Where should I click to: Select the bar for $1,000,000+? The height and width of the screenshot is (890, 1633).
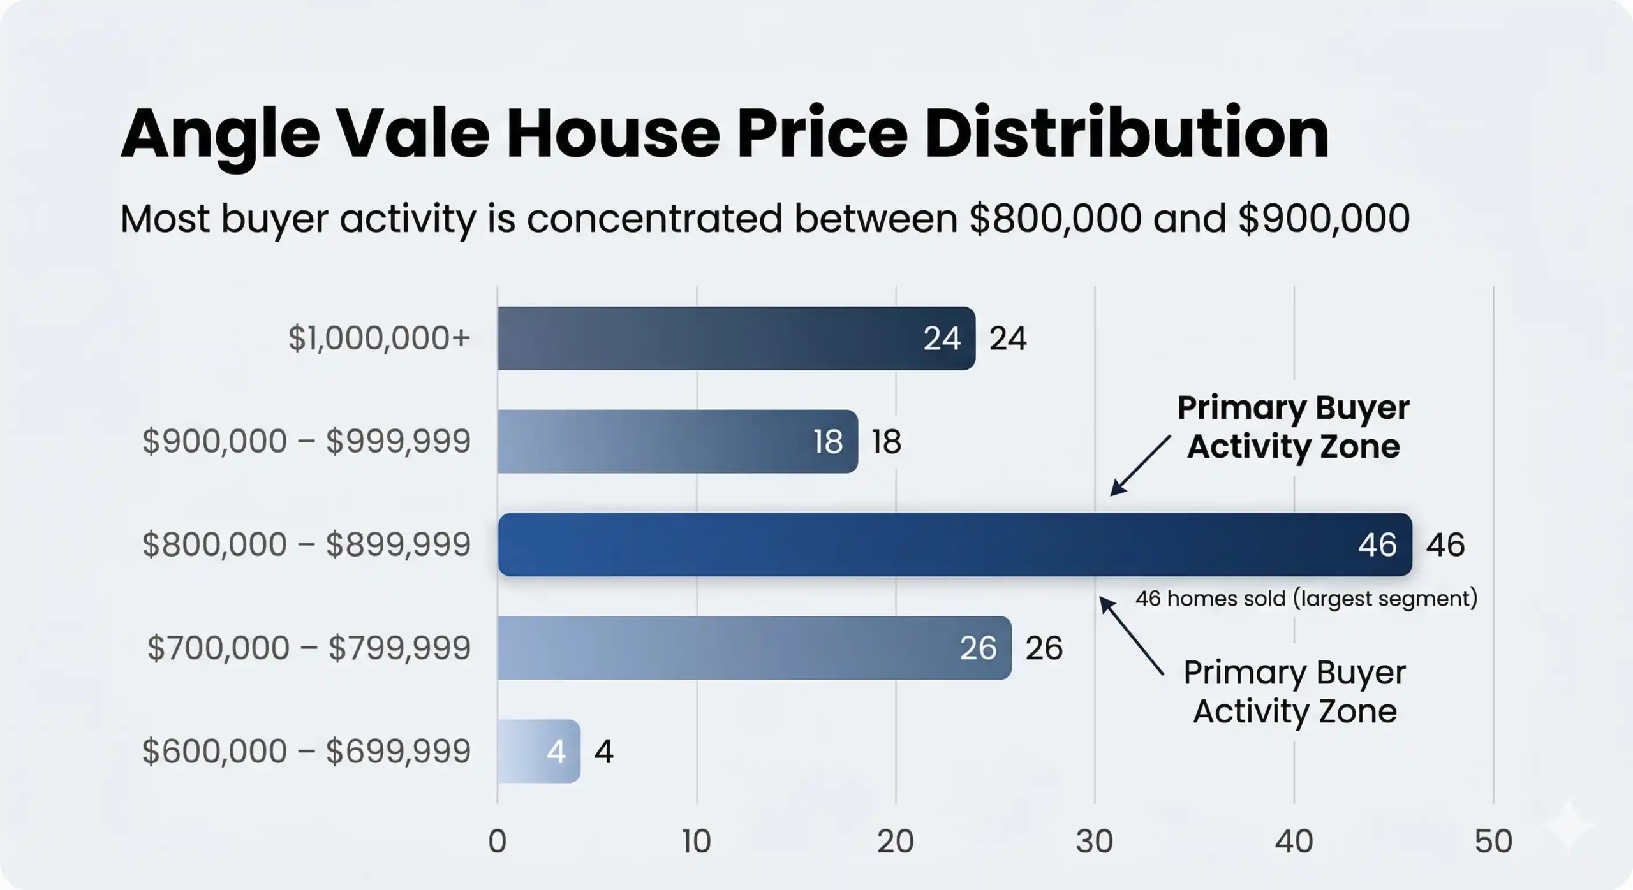coord(734,338)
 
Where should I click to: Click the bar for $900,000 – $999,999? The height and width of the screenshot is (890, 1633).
coord(676,441)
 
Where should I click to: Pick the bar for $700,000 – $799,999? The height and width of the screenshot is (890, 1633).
coord(753,648)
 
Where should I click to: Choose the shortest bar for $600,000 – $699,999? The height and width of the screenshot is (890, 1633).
coord(538,751)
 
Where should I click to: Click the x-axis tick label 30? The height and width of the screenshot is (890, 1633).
coord(1095,842)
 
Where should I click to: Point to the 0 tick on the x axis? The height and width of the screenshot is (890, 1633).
coord(498,842)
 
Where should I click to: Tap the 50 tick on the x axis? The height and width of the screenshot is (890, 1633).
coord(1493,842)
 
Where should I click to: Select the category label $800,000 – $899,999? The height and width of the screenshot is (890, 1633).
coord(306,545)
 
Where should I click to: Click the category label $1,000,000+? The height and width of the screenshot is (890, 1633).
coord(379,338)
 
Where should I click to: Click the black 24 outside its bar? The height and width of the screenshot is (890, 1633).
coord(1008,339)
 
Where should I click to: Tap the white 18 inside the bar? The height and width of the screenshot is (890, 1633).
coord(828,441)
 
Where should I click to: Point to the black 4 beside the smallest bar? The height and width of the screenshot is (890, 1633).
coord(603,752)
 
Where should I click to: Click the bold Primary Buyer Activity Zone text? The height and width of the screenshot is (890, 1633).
coord(1293,427)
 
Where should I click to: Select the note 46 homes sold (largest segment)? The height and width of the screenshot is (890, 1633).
coord(1306,599)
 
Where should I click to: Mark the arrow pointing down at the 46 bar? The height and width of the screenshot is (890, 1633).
coord(1139,466)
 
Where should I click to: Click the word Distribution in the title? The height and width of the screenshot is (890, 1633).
coord(1127,134)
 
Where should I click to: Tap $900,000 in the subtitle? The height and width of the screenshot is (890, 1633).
coord(1324,219)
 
